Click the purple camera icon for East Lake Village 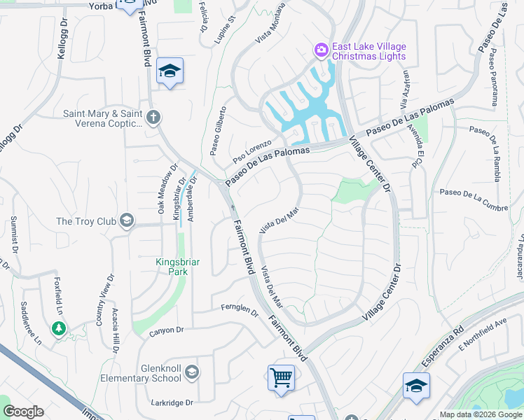click(322, 50)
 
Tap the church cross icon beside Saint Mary click(154, 117)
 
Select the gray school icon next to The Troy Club click(126, 221)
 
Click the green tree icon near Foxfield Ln click(59, 328)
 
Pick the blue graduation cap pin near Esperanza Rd click(416, 386)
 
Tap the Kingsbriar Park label click(177, 268)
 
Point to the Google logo click(23, 412)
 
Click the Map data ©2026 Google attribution click(480, 414)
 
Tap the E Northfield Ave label click(481, 335)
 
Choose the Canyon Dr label click(166, 330)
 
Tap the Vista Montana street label click(270, 24)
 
